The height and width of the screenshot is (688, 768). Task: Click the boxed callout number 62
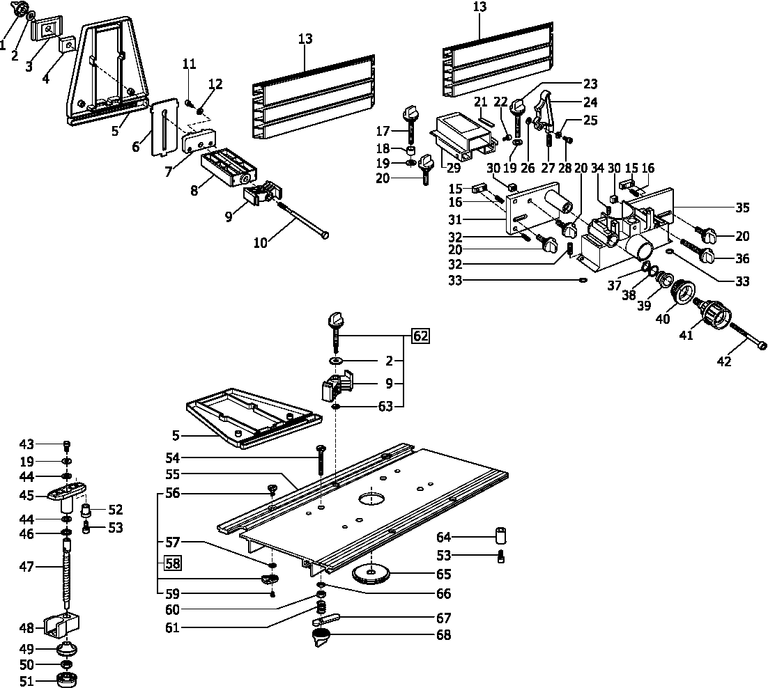(420, 336)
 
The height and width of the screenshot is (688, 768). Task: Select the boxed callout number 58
(171, 563)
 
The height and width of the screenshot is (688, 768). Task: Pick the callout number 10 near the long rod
(260, 242)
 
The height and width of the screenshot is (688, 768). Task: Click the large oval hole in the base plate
(373, 499)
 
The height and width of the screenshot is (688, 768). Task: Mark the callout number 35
(744, 207)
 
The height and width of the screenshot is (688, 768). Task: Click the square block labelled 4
(67, 45)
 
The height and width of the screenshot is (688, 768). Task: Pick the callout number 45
(26, 495)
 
